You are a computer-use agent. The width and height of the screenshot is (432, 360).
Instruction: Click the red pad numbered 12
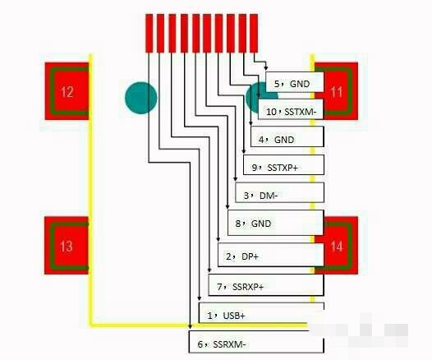pos(67,91)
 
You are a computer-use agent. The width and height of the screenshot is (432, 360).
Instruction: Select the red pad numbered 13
pos(67,245)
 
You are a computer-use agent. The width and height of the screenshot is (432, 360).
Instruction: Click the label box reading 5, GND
pos(295,82)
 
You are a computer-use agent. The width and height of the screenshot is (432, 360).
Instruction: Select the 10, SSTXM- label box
pos(291,109)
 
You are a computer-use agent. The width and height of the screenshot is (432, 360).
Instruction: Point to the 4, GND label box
pos(287,136)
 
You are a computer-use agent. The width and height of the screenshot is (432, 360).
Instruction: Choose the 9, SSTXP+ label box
pos(283,164)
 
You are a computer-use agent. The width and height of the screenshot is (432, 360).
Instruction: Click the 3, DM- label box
pos(279,192)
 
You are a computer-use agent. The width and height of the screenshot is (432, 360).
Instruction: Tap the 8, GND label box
pos(275,223)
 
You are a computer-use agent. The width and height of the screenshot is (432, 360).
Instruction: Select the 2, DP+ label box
pos(271,255)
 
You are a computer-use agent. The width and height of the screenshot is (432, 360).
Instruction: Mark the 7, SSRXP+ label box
pos(266,284)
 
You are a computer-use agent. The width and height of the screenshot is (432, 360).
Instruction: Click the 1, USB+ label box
pos(261,313)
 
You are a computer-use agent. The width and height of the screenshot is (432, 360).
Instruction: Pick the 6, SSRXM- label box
pos(256,342)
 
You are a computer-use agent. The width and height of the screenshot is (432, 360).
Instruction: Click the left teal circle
pos(141,98)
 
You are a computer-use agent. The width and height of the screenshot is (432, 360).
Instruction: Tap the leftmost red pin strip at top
pos(149,34)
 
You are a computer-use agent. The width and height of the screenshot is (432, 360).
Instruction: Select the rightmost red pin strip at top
pos(254,34)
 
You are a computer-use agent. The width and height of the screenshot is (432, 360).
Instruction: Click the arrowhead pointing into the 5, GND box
pos(266,68)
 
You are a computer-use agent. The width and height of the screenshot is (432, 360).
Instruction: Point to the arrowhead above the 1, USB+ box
pos(200,298)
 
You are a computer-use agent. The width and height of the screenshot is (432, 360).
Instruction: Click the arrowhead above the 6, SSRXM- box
pos(190,326)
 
